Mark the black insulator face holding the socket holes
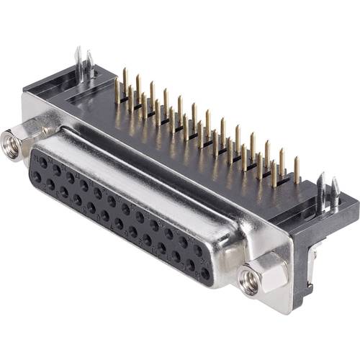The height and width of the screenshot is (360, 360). [x=122, y=216]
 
